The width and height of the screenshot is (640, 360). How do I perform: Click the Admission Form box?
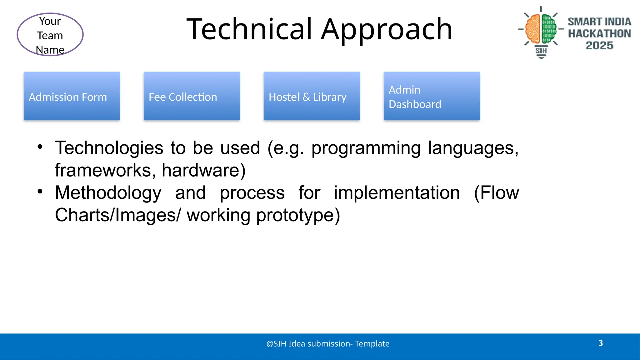72,96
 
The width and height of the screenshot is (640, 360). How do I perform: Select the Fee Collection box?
192,96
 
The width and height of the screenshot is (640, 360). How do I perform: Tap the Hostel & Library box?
312,96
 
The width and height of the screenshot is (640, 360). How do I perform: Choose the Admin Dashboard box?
432,96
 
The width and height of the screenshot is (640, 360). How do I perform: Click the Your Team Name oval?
50,35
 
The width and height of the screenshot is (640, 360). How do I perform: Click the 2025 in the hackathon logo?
599,46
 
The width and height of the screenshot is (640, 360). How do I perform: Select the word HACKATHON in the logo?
599,33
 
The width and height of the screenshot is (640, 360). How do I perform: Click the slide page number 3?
601,343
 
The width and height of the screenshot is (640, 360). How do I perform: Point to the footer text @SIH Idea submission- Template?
328,344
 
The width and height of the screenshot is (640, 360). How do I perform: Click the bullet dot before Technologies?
40,147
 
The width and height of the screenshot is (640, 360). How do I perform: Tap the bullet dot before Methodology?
40,191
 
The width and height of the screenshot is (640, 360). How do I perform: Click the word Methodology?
108,193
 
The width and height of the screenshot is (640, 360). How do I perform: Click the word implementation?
397,193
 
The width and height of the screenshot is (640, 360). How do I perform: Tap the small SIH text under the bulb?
541,51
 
